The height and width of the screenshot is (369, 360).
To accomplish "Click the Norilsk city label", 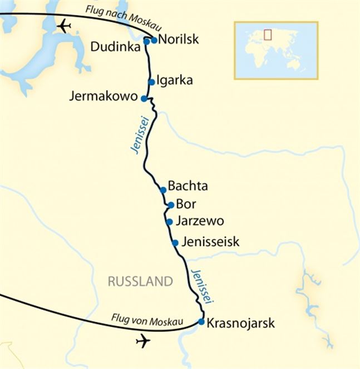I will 178,39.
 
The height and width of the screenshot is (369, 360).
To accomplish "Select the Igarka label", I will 175,80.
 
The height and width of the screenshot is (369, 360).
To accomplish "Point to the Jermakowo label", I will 103,96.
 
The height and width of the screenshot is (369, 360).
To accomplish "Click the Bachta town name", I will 188,186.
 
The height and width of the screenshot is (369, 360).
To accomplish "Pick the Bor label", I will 185,203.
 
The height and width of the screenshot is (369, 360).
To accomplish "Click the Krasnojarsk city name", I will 240,323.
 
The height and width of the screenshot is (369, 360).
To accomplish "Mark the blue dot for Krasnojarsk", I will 201,322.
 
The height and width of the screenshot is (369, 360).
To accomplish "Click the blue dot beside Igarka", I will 151,82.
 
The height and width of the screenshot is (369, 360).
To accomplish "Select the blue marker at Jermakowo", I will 144,98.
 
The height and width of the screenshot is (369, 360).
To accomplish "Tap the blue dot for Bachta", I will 163,190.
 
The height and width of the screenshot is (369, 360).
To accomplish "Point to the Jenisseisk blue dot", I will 175,243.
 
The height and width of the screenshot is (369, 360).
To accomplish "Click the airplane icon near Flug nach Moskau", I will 65,26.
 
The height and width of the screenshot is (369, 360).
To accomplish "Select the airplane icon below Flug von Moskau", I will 143,341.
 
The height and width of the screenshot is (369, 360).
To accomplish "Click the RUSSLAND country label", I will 140,282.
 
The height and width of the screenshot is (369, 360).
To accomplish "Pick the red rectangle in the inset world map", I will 268,34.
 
